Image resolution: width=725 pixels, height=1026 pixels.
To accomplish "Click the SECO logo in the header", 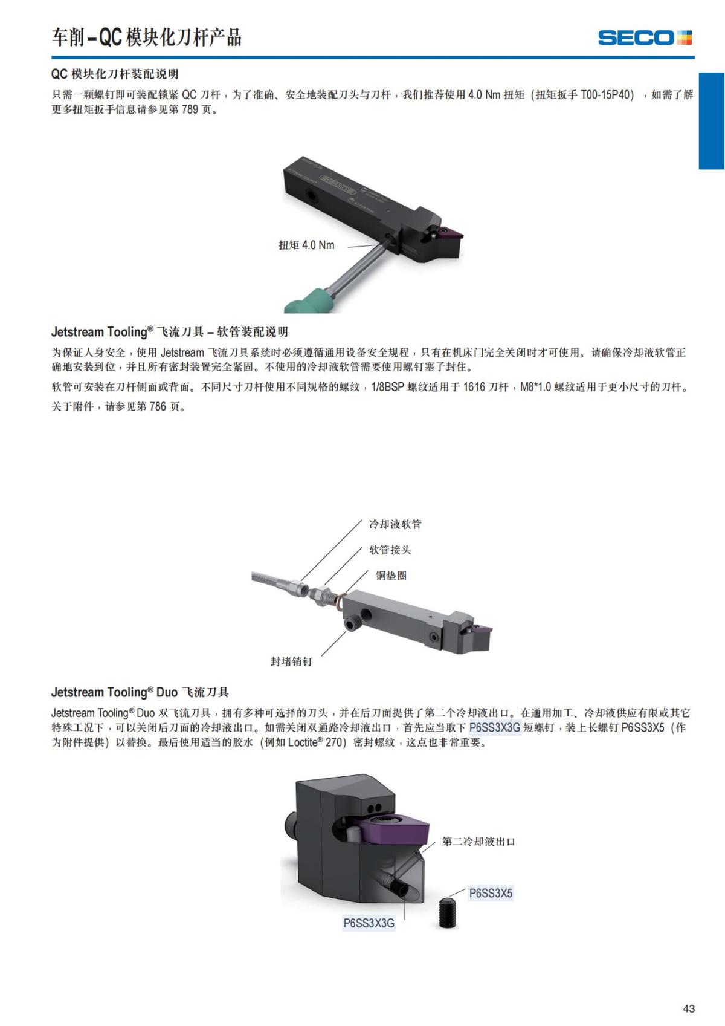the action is point(645,37).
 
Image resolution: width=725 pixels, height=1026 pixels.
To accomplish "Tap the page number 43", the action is point(688,1008).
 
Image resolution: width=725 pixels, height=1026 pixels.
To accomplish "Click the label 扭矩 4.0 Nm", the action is point(307,245).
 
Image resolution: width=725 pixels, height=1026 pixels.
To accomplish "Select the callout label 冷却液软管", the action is point(395,524).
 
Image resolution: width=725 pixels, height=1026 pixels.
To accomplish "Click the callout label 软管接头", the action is point(390,550).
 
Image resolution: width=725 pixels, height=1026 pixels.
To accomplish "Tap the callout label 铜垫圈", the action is point(391,576).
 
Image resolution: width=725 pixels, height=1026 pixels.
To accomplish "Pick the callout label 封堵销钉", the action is point(292,661).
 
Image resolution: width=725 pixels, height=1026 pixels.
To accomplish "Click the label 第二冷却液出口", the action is point(478,842).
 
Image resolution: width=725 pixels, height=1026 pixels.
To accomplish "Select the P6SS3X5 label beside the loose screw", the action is point(491,893).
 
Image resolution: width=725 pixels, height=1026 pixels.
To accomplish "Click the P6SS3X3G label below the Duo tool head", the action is point(369,923).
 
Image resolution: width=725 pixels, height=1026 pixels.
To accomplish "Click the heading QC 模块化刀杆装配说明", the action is point(115,74).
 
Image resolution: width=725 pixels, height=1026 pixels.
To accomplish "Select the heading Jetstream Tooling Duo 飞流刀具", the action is point(140,692).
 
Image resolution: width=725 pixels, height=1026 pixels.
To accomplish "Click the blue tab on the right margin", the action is point(711,121).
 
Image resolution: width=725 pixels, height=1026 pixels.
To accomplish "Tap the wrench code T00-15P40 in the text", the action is point(607,95).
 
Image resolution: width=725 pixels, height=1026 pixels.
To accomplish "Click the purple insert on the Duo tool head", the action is point(394,827).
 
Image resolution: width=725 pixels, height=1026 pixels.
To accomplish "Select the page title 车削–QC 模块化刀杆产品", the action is point(146,37).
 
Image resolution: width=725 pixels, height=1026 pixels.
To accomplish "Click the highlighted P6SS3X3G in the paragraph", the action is point(495,727).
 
